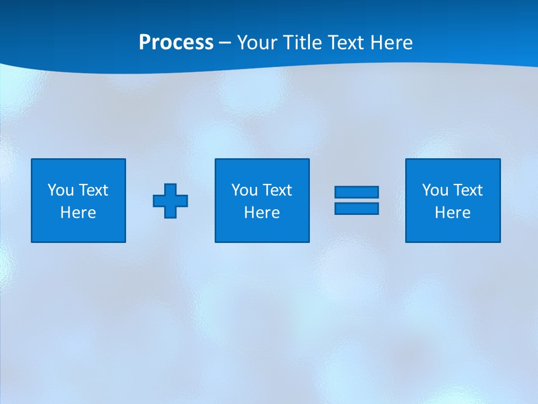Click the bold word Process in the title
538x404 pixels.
[176, 43]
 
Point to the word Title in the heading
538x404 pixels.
[303, 43]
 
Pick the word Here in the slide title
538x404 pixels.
[392, 43]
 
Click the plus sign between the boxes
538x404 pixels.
[170, 200]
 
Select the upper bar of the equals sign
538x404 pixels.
[356, 192]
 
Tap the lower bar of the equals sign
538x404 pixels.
[356, 208]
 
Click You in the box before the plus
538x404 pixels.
[61, 190]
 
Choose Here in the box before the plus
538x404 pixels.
[78, 213]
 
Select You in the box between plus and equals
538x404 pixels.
[244, 190]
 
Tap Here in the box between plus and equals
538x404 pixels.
[262, 213]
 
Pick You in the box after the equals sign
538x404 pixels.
[435, 190]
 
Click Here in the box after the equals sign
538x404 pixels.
[453, 213]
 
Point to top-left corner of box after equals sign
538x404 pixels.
[406, 159]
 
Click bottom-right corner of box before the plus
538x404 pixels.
[125, 242]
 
